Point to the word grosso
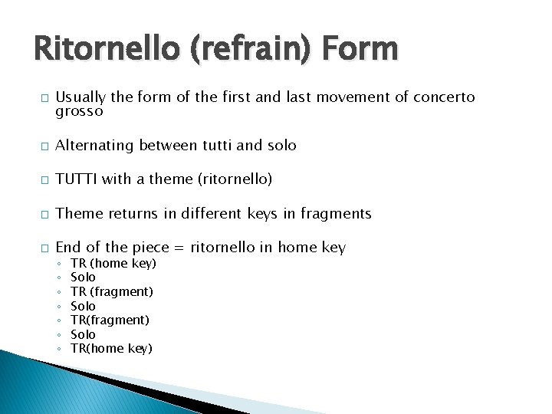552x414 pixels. click(79, 111)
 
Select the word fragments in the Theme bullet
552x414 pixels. click(333, 213)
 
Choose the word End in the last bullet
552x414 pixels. click(67, 247)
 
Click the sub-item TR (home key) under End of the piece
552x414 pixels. click(113, 263)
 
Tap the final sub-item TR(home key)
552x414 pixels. click(111, 349)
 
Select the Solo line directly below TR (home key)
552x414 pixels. click(83, 277)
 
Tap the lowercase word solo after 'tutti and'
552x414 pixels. click(281, 146)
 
